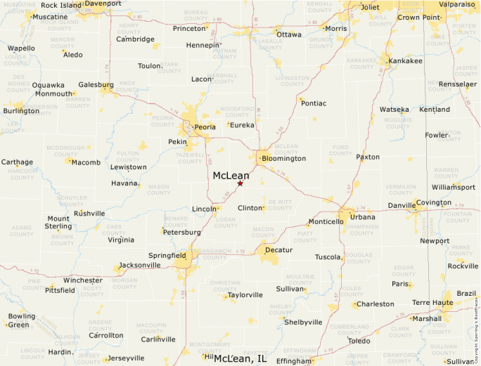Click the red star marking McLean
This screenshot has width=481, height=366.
[x=240, y=183]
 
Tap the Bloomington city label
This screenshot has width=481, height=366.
[x=283, y=159]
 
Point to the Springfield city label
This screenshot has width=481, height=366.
[x=167, y=255]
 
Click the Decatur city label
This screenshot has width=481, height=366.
[x=278, y=249]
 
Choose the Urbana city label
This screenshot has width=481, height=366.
[x=363, y=217]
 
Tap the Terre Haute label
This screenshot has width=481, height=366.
[x=432, y=303]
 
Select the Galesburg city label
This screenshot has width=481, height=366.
[x=96, y=84]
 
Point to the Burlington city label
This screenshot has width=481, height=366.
[x=21, y=111]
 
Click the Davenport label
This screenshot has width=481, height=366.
[x=103, y=4]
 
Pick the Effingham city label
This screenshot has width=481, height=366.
[x=294, y=361]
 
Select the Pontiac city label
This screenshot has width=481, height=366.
[x=314, y=103]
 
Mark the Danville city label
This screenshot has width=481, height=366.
[x=402, y=206]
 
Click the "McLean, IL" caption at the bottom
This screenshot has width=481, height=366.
[x=240, y=359]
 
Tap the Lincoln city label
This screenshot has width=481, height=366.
[x=205, y=209]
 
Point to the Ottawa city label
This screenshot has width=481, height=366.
[x=289, y=34]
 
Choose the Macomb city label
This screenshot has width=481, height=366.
[x=86, y=162]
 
